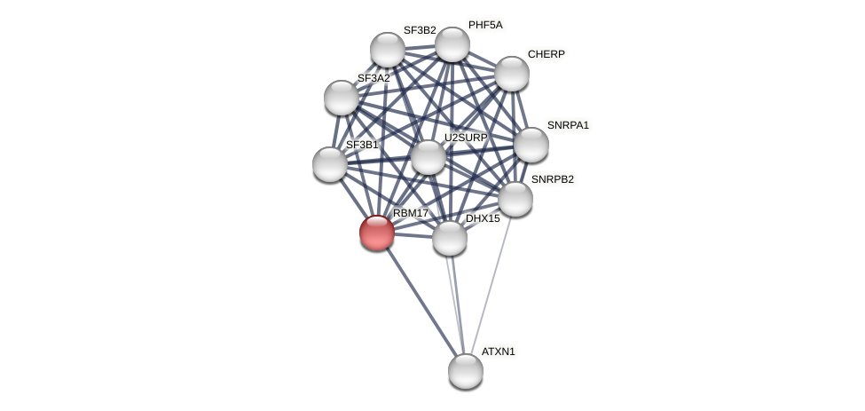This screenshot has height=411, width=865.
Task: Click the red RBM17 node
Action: [376, 233]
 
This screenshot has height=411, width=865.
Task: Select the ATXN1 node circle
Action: [465, 371]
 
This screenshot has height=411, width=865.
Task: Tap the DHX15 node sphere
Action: [449, 238]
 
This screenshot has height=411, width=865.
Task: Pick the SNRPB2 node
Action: [515, 199]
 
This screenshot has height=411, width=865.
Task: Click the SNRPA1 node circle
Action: [531, 145]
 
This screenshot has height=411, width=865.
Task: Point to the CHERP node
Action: [511, 74]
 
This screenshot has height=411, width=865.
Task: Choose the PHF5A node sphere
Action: [452, 44]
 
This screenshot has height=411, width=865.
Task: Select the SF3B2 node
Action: [387, 50]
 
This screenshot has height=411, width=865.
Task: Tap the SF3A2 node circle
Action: [341, 98]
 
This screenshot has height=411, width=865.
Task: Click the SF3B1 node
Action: [330, 164]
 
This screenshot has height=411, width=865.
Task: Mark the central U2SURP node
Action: [428, 157]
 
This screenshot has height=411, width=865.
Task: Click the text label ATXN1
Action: [498, 352]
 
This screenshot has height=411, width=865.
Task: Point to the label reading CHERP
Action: [546, 54]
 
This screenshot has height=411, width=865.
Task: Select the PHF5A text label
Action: [485, 25]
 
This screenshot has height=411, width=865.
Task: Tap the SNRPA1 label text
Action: [568, 125]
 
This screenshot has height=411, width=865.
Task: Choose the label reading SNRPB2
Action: [552, 179]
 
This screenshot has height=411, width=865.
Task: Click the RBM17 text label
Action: [411, 213]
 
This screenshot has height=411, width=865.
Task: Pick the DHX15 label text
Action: [483, 218]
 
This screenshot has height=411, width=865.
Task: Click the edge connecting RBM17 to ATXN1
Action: [421, 303]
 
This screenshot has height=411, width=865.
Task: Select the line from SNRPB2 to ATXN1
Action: [491, 283]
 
